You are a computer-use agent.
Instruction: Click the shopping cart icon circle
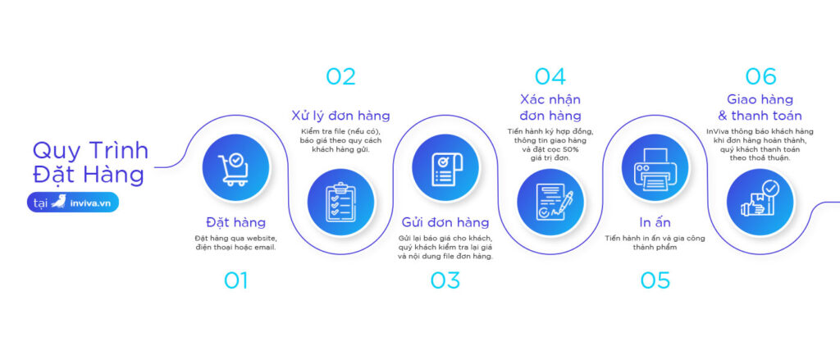[x=235, y=166]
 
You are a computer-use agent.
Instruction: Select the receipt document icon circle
[x=445, y=166]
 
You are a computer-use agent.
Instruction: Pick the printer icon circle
[x=655, y=166]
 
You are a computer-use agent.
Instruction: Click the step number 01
[x=235, y=280]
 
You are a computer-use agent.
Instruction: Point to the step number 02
[x=340, y=76]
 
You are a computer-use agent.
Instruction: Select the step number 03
[x=445, y=280]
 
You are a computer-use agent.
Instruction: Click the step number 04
[x=550, y=76]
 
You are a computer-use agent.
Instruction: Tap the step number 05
[x=655, y=280]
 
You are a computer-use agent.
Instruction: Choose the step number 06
[x=760, y=76]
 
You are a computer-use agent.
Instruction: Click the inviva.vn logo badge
[x=73, y=203]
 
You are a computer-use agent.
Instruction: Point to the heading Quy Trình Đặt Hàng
[x=90, y=162]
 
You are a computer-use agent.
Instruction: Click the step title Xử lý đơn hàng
[x=340, y=114]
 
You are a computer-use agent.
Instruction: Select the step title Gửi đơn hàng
[x=445, y=222]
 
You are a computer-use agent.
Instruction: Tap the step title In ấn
[x=655, y=222]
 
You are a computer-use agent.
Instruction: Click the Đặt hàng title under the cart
[x=235, y=222]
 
